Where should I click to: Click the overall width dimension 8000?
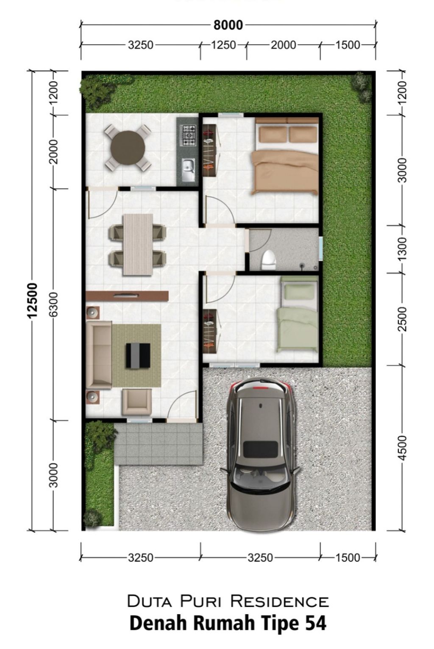[228, 25]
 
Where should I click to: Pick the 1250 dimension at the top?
[223, 45]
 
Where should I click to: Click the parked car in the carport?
[260, 454]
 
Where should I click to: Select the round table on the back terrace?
[128, 148]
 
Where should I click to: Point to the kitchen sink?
[188, 167]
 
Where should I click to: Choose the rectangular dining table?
[138, 244]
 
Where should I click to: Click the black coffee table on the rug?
[138, 355]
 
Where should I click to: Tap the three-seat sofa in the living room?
[99, 354]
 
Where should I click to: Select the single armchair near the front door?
[136, 402]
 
